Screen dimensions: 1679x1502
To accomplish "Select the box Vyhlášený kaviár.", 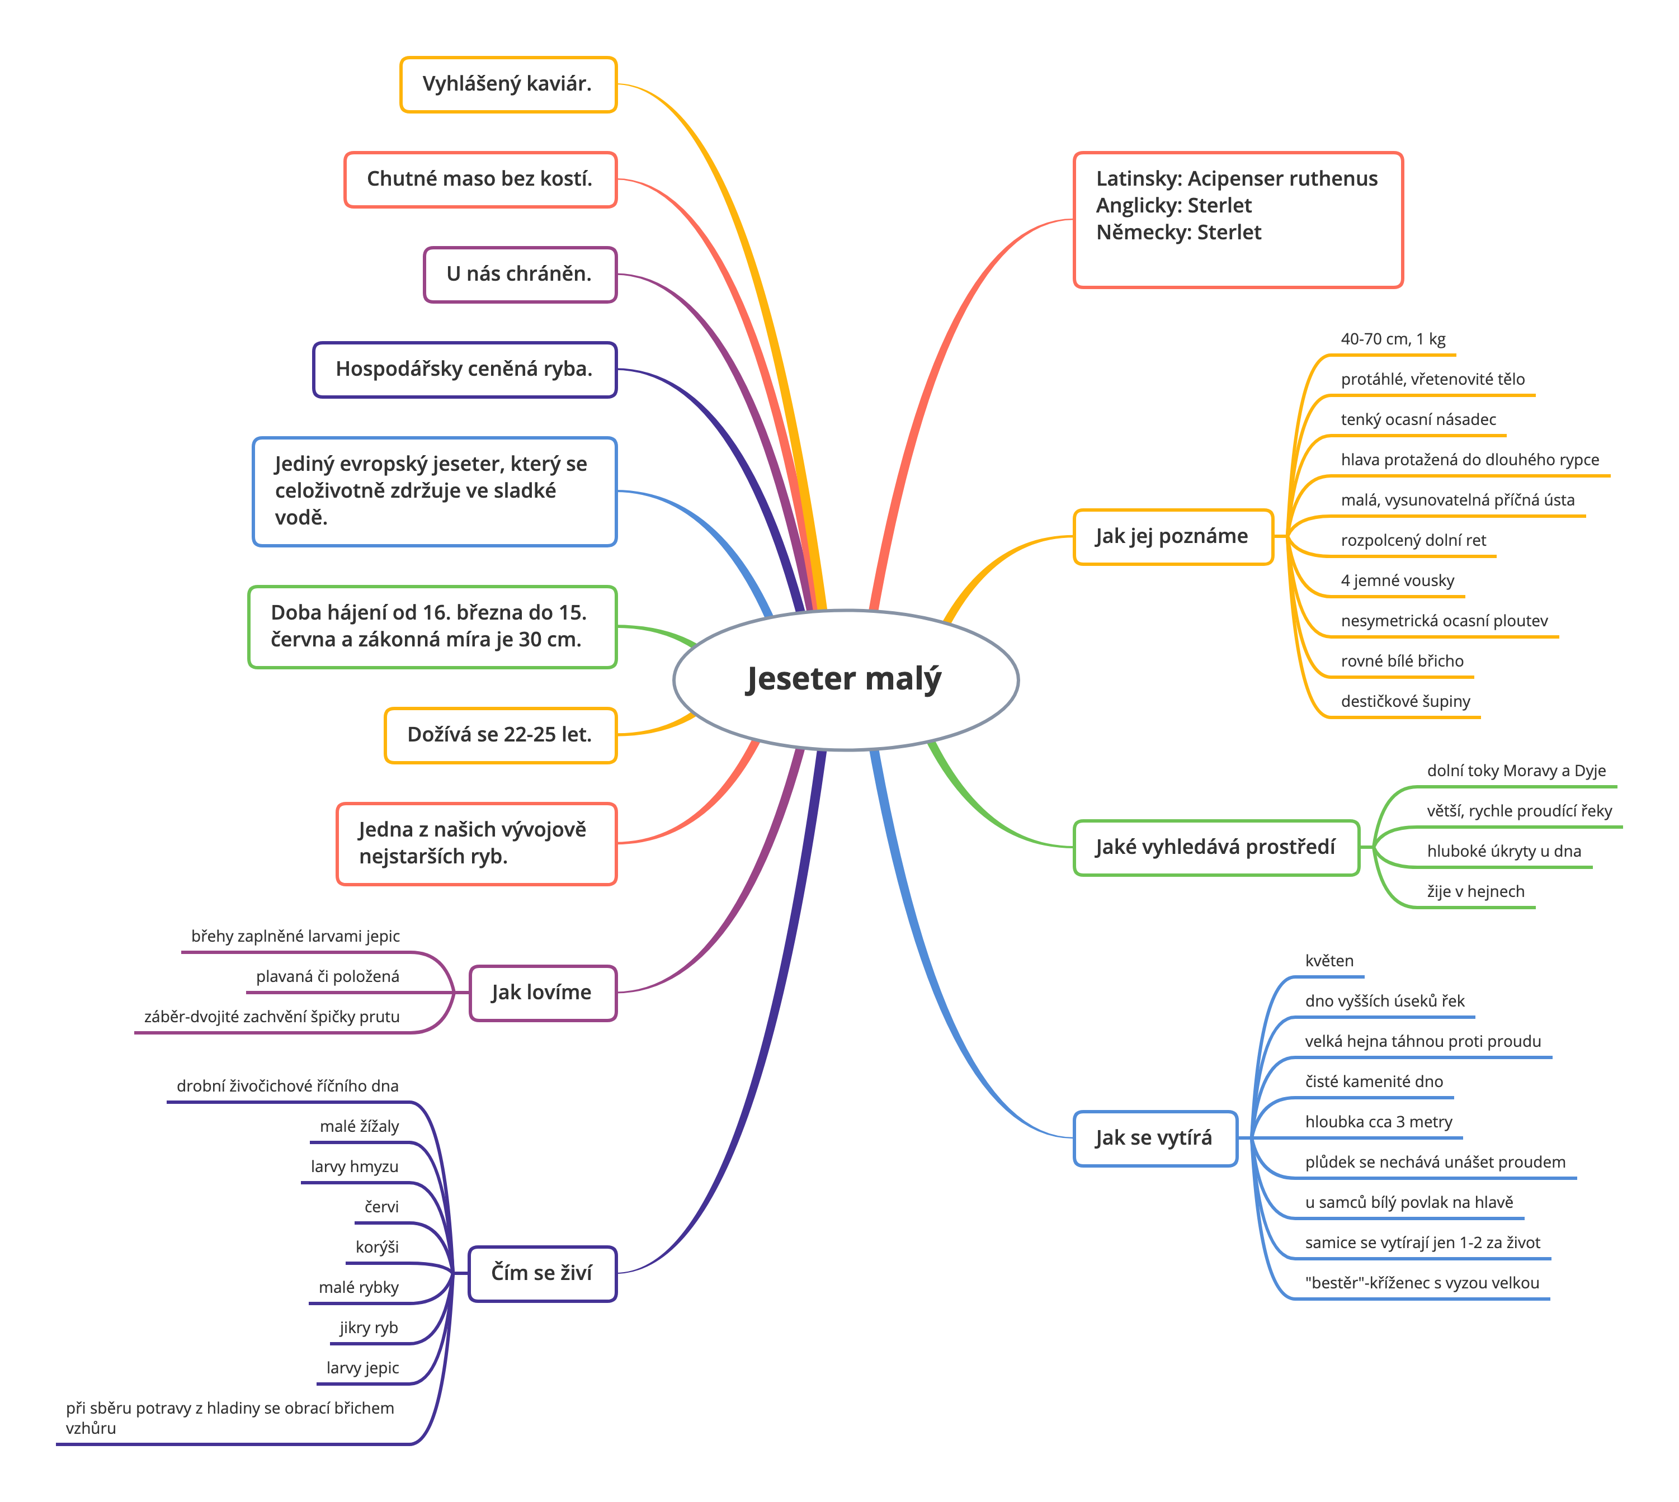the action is (508, 84).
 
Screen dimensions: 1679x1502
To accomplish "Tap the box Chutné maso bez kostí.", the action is (480, 179).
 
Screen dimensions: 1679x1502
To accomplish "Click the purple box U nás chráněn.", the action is (520, 274).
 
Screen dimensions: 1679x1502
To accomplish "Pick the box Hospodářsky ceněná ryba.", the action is (465, 369).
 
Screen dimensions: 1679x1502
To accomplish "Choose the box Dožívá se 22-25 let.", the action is (500, 734).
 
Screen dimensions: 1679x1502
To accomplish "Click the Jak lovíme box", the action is (543, 992).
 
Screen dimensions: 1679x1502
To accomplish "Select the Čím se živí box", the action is (543, 1273).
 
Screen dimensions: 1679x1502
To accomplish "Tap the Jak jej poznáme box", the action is (1173, 536).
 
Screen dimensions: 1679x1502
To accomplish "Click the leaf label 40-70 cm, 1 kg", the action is (1393, 339).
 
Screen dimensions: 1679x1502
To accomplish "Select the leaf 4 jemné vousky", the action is (1398, 580).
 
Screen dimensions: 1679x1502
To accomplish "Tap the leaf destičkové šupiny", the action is (1405, 701).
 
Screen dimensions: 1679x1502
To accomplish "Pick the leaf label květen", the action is (1329, 961).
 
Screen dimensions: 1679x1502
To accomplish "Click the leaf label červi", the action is (381, 1207).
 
